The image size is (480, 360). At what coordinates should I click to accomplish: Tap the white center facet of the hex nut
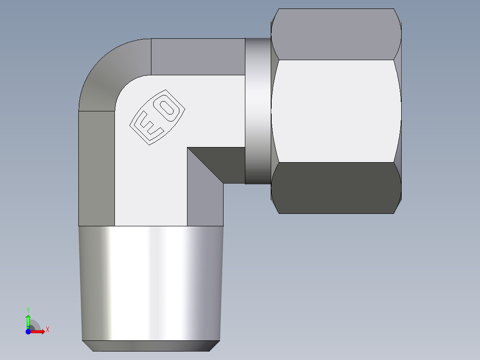336,111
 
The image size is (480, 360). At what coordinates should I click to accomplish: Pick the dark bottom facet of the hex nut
336,188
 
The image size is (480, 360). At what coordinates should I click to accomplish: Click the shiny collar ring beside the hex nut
258,111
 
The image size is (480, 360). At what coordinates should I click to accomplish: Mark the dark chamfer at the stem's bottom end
151,346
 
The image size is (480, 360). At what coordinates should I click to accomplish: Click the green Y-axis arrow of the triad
28,320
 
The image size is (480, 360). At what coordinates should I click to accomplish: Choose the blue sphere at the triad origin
28,331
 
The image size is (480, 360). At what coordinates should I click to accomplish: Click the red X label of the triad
48,330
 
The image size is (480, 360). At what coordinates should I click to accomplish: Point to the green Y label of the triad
28,309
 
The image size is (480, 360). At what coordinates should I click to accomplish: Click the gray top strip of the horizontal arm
198,57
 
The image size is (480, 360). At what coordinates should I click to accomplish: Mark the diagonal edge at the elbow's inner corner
205,165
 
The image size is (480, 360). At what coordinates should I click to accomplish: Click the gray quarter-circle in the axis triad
35,325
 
